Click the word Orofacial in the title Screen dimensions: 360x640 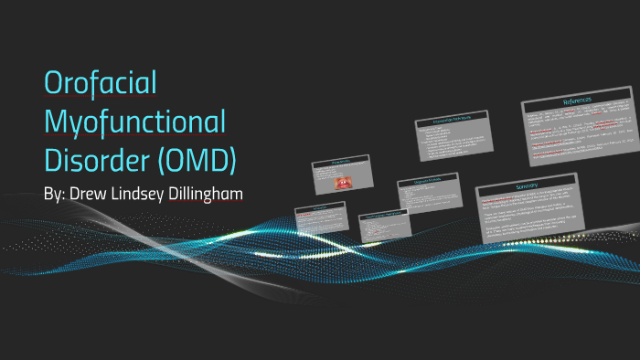(101, 85)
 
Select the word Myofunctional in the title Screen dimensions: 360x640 (135, 122)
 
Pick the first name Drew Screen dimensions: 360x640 (95, 196)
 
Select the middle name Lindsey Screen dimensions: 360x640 (150, 196)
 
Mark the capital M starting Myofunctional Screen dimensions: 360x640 (57, 122)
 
